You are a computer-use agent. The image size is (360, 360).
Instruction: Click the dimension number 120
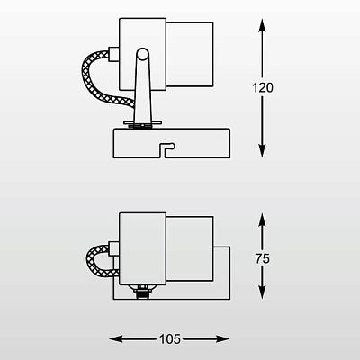[x=263, y=88]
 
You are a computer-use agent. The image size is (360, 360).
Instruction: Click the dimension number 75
[x=263, y=258]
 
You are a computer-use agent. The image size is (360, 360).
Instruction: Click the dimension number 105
[x=170, y=339]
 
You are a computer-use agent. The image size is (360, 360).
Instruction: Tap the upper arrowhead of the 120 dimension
[x=262, y=25]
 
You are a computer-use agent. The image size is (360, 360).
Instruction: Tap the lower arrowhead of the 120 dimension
[x=262, y=151]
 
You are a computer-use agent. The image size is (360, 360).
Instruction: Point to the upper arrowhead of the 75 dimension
[x=262, y=220]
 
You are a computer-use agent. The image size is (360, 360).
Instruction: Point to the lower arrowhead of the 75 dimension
[x=262, y=292]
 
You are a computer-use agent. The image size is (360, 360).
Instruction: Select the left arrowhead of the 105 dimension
[x=116, y=339]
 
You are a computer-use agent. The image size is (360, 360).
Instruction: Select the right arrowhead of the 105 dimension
[x=223, y=339]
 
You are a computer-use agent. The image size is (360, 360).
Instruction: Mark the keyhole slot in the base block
[x=167, y=149]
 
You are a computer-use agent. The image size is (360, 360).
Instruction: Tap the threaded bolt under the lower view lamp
[x=142, y=292]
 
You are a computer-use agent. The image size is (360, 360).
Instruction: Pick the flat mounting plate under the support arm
[x=143, y=123]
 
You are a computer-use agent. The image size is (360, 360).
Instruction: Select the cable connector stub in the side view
[x=113, y=54]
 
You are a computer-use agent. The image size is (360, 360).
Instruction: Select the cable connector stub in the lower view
[x=114, y=247]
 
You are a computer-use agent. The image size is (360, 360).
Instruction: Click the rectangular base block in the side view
[x=172, y=143]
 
